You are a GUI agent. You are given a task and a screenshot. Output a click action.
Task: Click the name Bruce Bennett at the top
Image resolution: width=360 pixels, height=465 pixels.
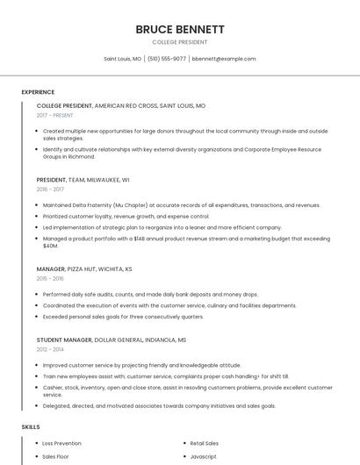tap(180, 29)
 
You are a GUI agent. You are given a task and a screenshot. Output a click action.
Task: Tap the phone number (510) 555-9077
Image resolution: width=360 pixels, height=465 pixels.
tap(167, 59)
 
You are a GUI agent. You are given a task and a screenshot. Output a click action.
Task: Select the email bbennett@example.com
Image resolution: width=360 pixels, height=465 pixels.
tap(224, 59)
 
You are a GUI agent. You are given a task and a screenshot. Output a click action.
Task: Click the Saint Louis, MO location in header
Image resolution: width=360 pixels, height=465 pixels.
tap(122, 59)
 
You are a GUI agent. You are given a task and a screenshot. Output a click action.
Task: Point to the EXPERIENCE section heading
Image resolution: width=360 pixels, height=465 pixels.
tap(38, 92)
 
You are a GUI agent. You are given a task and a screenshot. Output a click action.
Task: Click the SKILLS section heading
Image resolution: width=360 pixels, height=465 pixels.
tap(31, 426)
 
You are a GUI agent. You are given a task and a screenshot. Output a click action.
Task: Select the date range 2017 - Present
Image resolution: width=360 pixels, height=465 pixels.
tap(56, 115)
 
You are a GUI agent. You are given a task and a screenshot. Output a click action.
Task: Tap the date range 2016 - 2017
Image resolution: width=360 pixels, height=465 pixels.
tap(51, 189)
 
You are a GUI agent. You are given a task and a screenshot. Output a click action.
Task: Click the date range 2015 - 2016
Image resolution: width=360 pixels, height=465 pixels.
tap(51, 278)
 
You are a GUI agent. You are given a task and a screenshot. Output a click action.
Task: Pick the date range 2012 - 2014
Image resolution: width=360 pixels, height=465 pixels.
tap(51, 348)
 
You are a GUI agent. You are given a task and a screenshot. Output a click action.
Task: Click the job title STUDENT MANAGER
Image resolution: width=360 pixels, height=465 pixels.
tap(66, 339)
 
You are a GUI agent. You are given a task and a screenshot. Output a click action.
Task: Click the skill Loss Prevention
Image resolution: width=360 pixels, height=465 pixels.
tap(61, 444)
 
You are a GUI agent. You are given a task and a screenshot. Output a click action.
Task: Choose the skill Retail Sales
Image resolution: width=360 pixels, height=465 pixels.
tap(205, 444)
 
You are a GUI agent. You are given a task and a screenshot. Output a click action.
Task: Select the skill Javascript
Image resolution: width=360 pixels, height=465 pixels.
tap(204, 457)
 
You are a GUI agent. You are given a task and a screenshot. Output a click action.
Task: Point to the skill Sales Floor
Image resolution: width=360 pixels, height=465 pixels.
tap(55, 457)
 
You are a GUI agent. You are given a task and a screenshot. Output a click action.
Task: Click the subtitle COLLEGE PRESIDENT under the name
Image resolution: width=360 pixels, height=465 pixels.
tap(180, 42)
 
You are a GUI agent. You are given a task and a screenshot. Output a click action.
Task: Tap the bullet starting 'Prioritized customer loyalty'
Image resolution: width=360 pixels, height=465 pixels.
tap(126, 216)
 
